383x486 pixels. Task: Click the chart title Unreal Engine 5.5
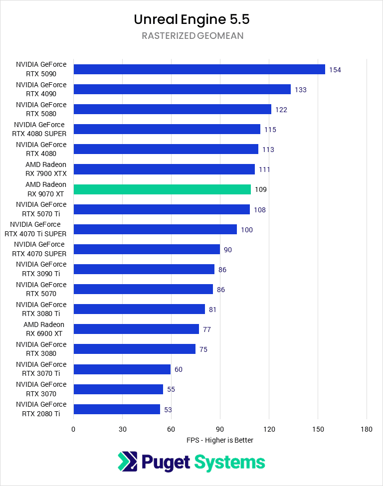(191, 19)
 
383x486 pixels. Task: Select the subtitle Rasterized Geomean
(191, 36)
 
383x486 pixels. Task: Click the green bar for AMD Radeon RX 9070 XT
(162, 189)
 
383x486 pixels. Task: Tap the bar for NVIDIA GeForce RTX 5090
(199, 69)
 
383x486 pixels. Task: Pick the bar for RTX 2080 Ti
(117, 409)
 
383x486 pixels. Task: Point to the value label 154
(335, 70)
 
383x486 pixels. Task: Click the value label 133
(300, 90)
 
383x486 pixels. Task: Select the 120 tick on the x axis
(269, 429)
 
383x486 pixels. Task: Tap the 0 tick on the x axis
(73, 429)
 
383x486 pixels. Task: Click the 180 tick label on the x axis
(367, 429)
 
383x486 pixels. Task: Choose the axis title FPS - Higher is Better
(220, 440)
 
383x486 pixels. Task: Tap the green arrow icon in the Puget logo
(127, 462)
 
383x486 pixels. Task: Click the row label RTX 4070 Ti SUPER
(35, 229)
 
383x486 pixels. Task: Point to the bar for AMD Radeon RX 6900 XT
(136, 329)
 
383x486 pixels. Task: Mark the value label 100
(247, 230)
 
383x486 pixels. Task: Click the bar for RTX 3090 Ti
(144, 269)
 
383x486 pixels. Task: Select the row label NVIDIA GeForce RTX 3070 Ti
(41, 369)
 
